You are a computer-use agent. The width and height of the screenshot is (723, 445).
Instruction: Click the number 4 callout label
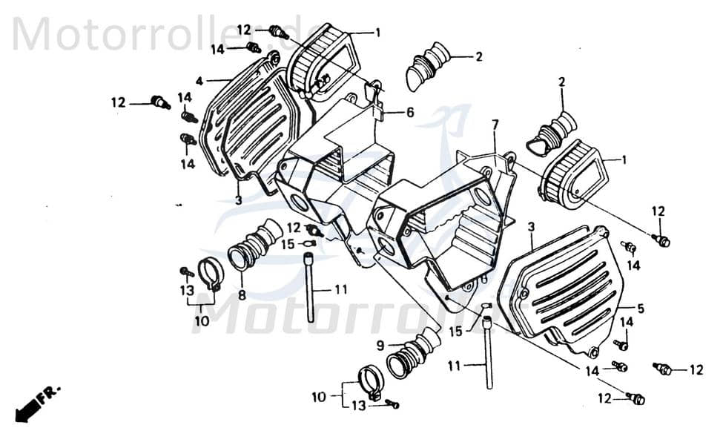tap(199, 80)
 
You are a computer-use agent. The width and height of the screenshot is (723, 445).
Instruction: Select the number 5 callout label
tap(640, 308)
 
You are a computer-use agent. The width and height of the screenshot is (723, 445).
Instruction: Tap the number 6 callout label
tap(409, 113)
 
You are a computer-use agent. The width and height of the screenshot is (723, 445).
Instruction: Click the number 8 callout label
tap(242, 294)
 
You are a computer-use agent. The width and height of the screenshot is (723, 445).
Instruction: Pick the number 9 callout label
tap(380, 345)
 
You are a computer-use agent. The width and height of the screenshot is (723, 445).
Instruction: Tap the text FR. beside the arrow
tap(51, 393)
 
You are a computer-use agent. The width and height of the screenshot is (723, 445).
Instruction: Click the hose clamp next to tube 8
tap(211, 273)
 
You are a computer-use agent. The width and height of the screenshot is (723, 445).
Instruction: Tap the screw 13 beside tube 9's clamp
tap(393, 404)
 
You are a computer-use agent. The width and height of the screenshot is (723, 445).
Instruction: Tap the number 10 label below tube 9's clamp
tap(318, 397)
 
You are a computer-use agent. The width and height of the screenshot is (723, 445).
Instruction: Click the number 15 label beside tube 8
tap(288, 244)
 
